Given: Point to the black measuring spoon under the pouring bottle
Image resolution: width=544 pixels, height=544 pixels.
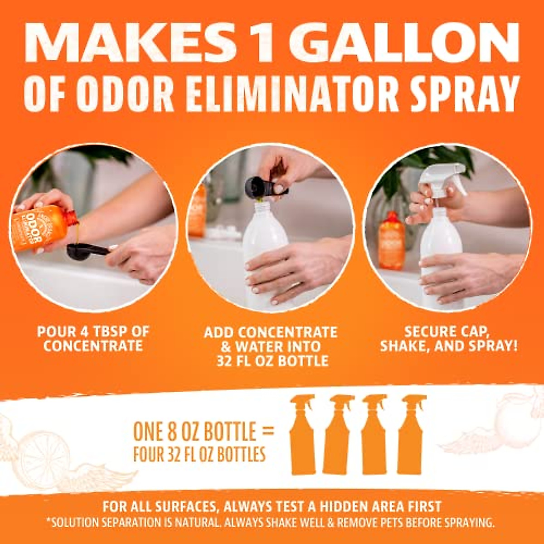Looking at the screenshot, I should tap(84, 252).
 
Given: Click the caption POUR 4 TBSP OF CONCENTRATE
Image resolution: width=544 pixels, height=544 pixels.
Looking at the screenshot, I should tap(93, 339).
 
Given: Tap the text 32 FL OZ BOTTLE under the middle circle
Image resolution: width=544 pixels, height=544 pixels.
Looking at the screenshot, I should tap(272, 361).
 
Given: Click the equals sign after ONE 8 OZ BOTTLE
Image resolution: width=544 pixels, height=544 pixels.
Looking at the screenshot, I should tap(268, 431).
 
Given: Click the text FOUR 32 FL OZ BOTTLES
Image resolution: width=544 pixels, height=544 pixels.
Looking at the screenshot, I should tap(199, 454).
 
